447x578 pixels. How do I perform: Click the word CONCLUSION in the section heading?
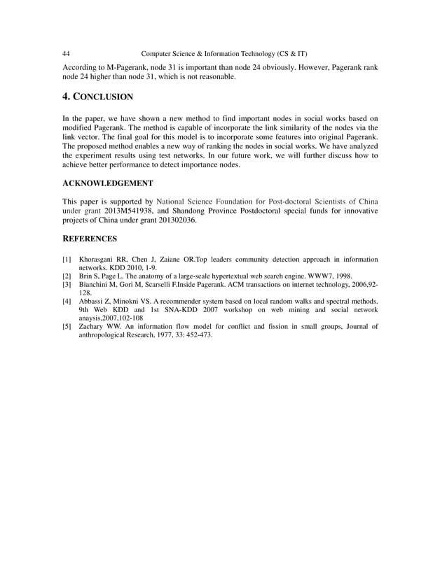point(106,96)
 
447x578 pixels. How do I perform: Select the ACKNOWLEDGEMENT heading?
point(107,183)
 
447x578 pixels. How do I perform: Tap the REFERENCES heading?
point(89,239)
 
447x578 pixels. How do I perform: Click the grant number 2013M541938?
point(128,210)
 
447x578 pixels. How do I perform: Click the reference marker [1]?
point(67,260)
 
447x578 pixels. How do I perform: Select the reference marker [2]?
point(67,276)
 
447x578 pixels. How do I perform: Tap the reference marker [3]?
point(67,285)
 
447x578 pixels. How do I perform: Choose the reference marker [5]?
point(67,327)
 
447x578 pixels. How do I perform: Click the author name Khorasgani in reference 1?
point(99,260)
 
